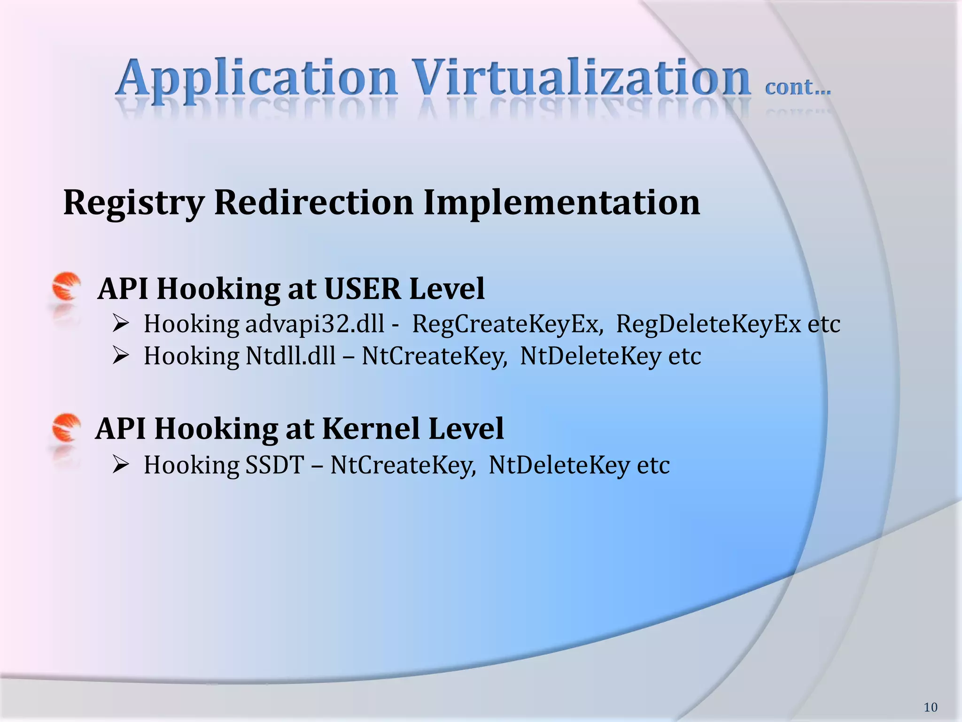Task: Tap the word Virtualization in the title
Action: tap(582, 78)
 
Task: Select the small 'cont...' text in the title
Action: tap(798, 87)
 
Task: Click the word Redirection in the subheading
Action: tap(313, 202)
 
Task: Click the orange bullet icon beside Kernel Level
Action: tap(66, 427)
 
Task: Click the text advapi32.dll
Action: tap(315, 324)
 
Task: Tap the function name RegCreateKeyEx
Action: tap(507, 324)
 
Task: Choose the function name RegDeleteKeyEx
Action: tap(708, 324)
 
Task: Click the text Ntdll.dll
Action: tap(290, 356)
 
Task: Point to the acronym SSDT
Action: tap(275, 465)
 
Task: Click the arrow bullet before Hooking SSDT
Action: tap(121, 465)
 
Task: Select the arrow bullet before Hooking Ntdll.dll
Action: tap(121, 356)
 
